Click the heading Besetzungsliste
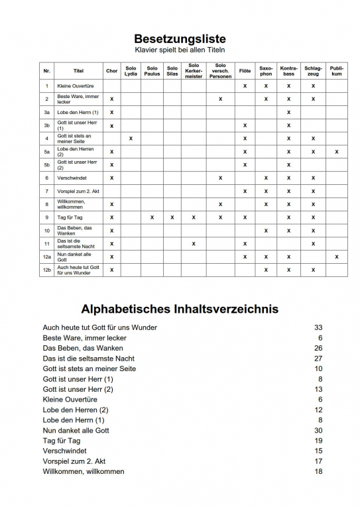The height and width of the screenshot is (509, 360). point(179,38)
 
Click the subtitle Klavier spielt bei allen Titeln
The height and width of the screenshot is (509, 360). point(179,50)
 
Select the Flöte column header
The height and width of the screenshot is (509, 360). point(245,71)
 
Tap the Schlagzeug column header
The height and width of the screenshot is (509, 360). point(313,71)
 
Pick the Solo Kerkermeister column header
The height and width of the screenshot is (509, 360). point(194,71)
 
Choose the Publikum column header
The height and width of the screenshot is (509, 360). point(337,71)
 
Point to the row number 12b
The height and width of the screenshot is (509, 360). point(46,270)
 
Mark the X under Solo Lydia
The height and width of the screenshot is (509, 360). point(131,139)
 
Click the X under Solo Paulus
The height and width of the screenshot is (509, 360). point(152,217)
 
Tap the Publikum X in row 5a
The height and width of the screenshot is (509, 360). point(337,152)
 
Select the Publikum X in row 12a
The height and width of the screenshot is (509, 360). point(337,256)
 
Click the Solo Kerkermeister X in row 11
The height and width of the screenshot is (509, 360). point(194,243)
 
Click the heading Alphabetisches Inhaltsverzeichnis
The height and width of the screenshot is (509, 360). point(179,309)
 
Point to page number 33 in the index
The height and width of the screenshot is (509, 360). point(318,327)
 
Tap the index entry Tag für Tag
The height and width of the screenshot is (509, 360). point(62,441)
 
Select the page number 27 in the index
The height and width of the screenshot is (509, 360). point(318,359)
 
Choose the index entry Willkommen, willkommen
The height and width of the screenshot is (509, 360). point(83,472)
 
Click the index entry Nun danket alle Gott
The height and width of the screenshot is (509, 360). point(76,431)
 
